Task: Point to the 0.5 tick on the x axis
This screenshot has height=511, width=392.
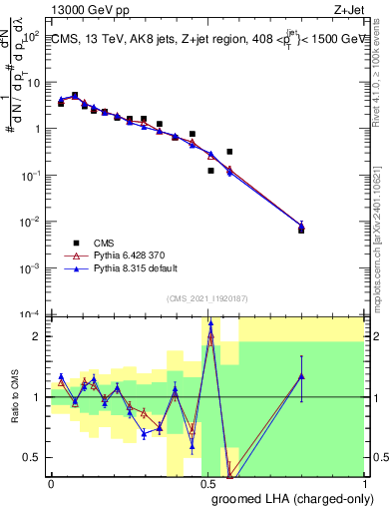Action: (x=207, y=484)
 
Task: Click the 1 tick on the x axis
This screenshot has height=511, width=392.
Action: (x=364, y=484)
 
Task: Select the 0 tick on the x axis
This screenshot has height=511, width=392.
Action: (x=51, y=484)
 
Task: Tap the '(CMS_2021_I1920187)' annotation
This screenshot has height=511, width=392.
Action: (x=206, y=296)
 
